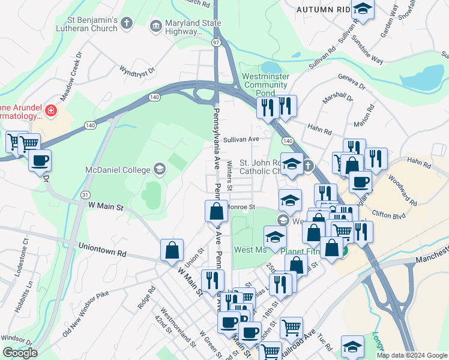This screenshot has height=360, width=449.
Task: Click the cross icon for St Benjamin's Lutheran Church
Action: (126, 23)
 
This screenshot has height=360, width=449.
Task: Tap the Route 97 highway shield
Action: (215, 42)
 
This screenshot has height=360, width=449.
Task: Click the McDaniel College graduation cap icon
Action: (159, 168)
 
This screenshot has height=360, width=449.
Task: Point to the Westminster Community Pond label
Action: (265, 85)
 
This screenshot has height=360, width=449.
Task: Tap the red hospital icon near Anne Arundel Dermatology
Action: (51, 110)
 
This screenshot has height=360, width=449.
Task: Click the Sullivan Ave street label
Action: (241, 139)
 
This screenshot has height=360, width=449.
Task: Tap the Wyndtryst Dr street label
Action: (137, 70)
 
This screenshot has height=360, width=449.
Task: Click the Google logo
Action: (20, 352)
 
